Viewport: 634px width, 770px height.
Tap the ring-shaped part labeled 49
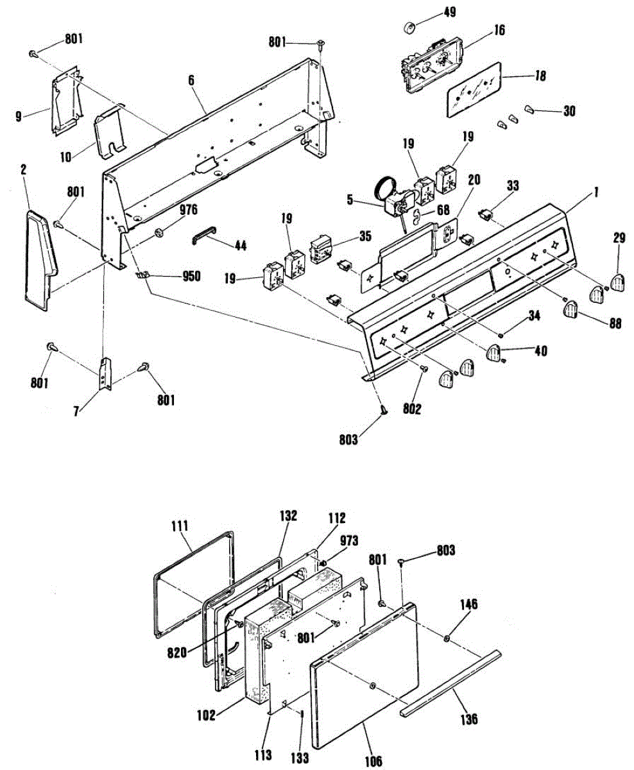pos(409,28)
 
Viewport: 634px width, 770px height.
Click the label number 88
pos(615,325)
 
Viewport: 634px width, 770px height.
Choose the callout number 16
pos(500,30)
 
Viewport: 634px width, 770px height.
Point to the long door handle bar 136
pos(449,683)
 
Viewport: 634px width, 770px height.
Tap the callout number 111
pos(180,526)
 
